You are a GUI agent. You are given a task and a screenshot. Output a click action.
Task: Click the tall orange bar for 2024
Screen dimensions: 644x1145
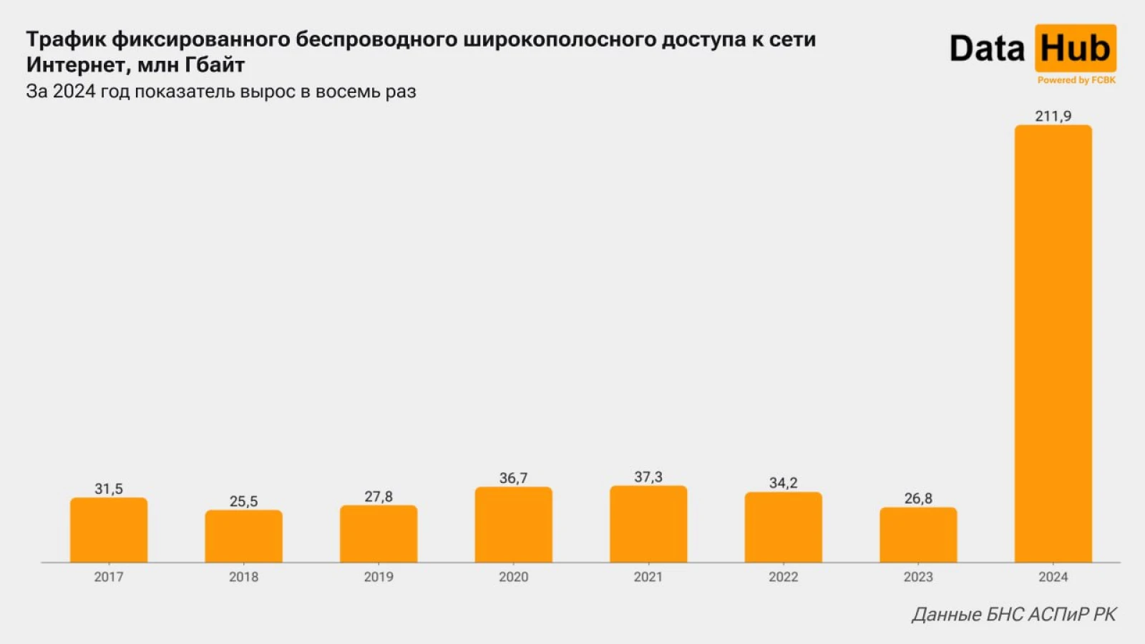pyautogui.click(x=1053, y=343)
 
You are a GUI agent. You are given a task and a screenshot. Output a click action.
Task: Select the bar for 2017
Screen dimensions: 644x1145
pyautogui.click(x=109, y=530)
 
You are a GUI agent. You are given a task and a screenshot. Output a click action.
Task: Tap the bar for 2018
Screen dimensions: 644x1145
pyautogui.click(x=243, y=537)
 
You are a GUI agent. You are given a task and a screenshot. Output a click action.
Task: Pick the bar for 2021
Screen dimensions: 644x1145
pyautogui.click(x=648, y=525)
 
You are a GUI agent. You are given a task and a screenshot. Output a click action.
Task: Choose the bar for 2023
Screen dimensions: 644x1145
pyautogui.click(x=918, y=535)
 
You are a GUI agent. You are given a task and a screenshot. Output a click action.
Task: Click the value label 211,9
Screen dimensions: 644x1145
pyautogui.click(x=1053, y=116)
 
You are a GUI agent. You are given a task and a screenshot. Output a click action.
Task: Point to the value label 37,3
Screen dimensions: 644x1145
pyautogui.click(x=648, y=477)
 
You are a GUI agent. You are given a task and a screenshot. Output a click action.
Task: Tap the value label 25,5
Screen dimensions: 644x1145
pyautogui.click(x=243, y=501)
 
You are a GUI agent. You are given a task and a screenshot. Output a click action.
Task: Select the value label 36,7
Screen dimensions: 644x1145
pyautogui.click(x=513, y=478)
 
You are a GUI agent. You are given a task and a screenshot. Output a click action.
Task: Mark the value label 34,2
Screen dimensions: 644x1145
pyautogui.click(x=783, y=483)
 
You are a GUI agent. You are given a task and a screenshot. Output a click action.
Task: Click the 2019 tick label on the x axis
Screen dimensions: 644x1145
pyautogui.click(x=379, y=577)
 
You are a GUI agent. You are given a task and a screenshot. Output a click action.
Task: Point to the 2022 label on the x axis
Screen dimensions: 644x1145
pyautogui.click(x=783, y=577)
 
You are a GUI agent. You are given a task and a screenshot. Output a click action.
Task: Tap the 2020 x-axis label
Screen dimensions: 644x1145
pyautogui.click(x=513, y=577)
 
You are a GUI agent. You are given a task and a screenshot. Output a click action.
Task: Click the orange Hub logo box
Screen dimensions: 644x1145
pyautogui.click(x=1075, y=48)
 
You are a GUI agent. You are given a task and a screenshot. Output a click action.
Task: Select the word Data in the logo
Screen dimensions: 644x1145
pyautogui.click(x=987, y=49)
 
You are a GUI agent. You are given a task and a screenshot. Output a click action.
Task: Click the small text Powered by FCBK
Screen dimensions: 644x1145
pyautogui.click(x=1076, y=80)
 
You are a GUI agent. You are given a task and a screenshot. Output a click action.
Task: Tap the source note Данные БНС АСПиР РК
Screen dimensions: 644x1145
pyautogui.click(x=1013, y=614)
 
